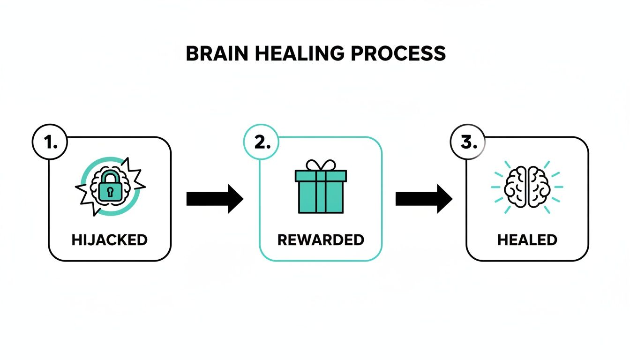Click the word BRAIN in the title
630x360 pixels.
coord(212,54)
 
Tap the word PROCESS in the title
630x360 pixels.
coord(398,54)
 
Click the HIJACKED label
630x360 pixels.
coord(110,240)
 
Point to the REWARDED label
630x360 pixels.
coord(321,240)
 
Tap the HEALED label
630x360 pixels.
coord(527,240)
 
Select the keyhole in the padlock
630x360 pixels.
coord(110,192)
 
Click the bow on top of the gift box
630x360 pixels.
coord(321,165)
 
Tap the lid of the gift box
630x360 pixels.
coord(321,176)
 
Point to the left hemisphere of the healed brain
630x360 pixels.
coord(516,187)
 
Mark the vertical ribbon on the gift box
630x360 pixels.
coord(321,197)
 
